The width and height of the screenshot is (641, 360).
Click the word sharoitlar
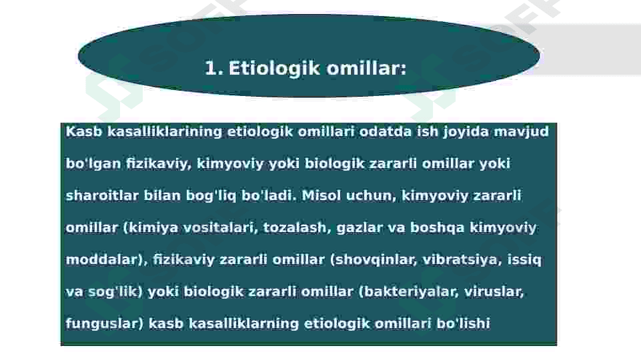click(x=102, y=195)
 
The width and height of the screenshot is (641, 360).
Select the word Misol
click(x=322, y=195)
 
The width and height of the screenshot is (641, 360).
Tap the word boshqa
click(x=437, y=228)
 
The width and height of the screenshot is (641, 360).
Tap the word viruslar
click(x=494, y=292)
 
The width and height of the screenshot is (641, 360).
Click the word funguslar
click(x=104, y=324)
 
